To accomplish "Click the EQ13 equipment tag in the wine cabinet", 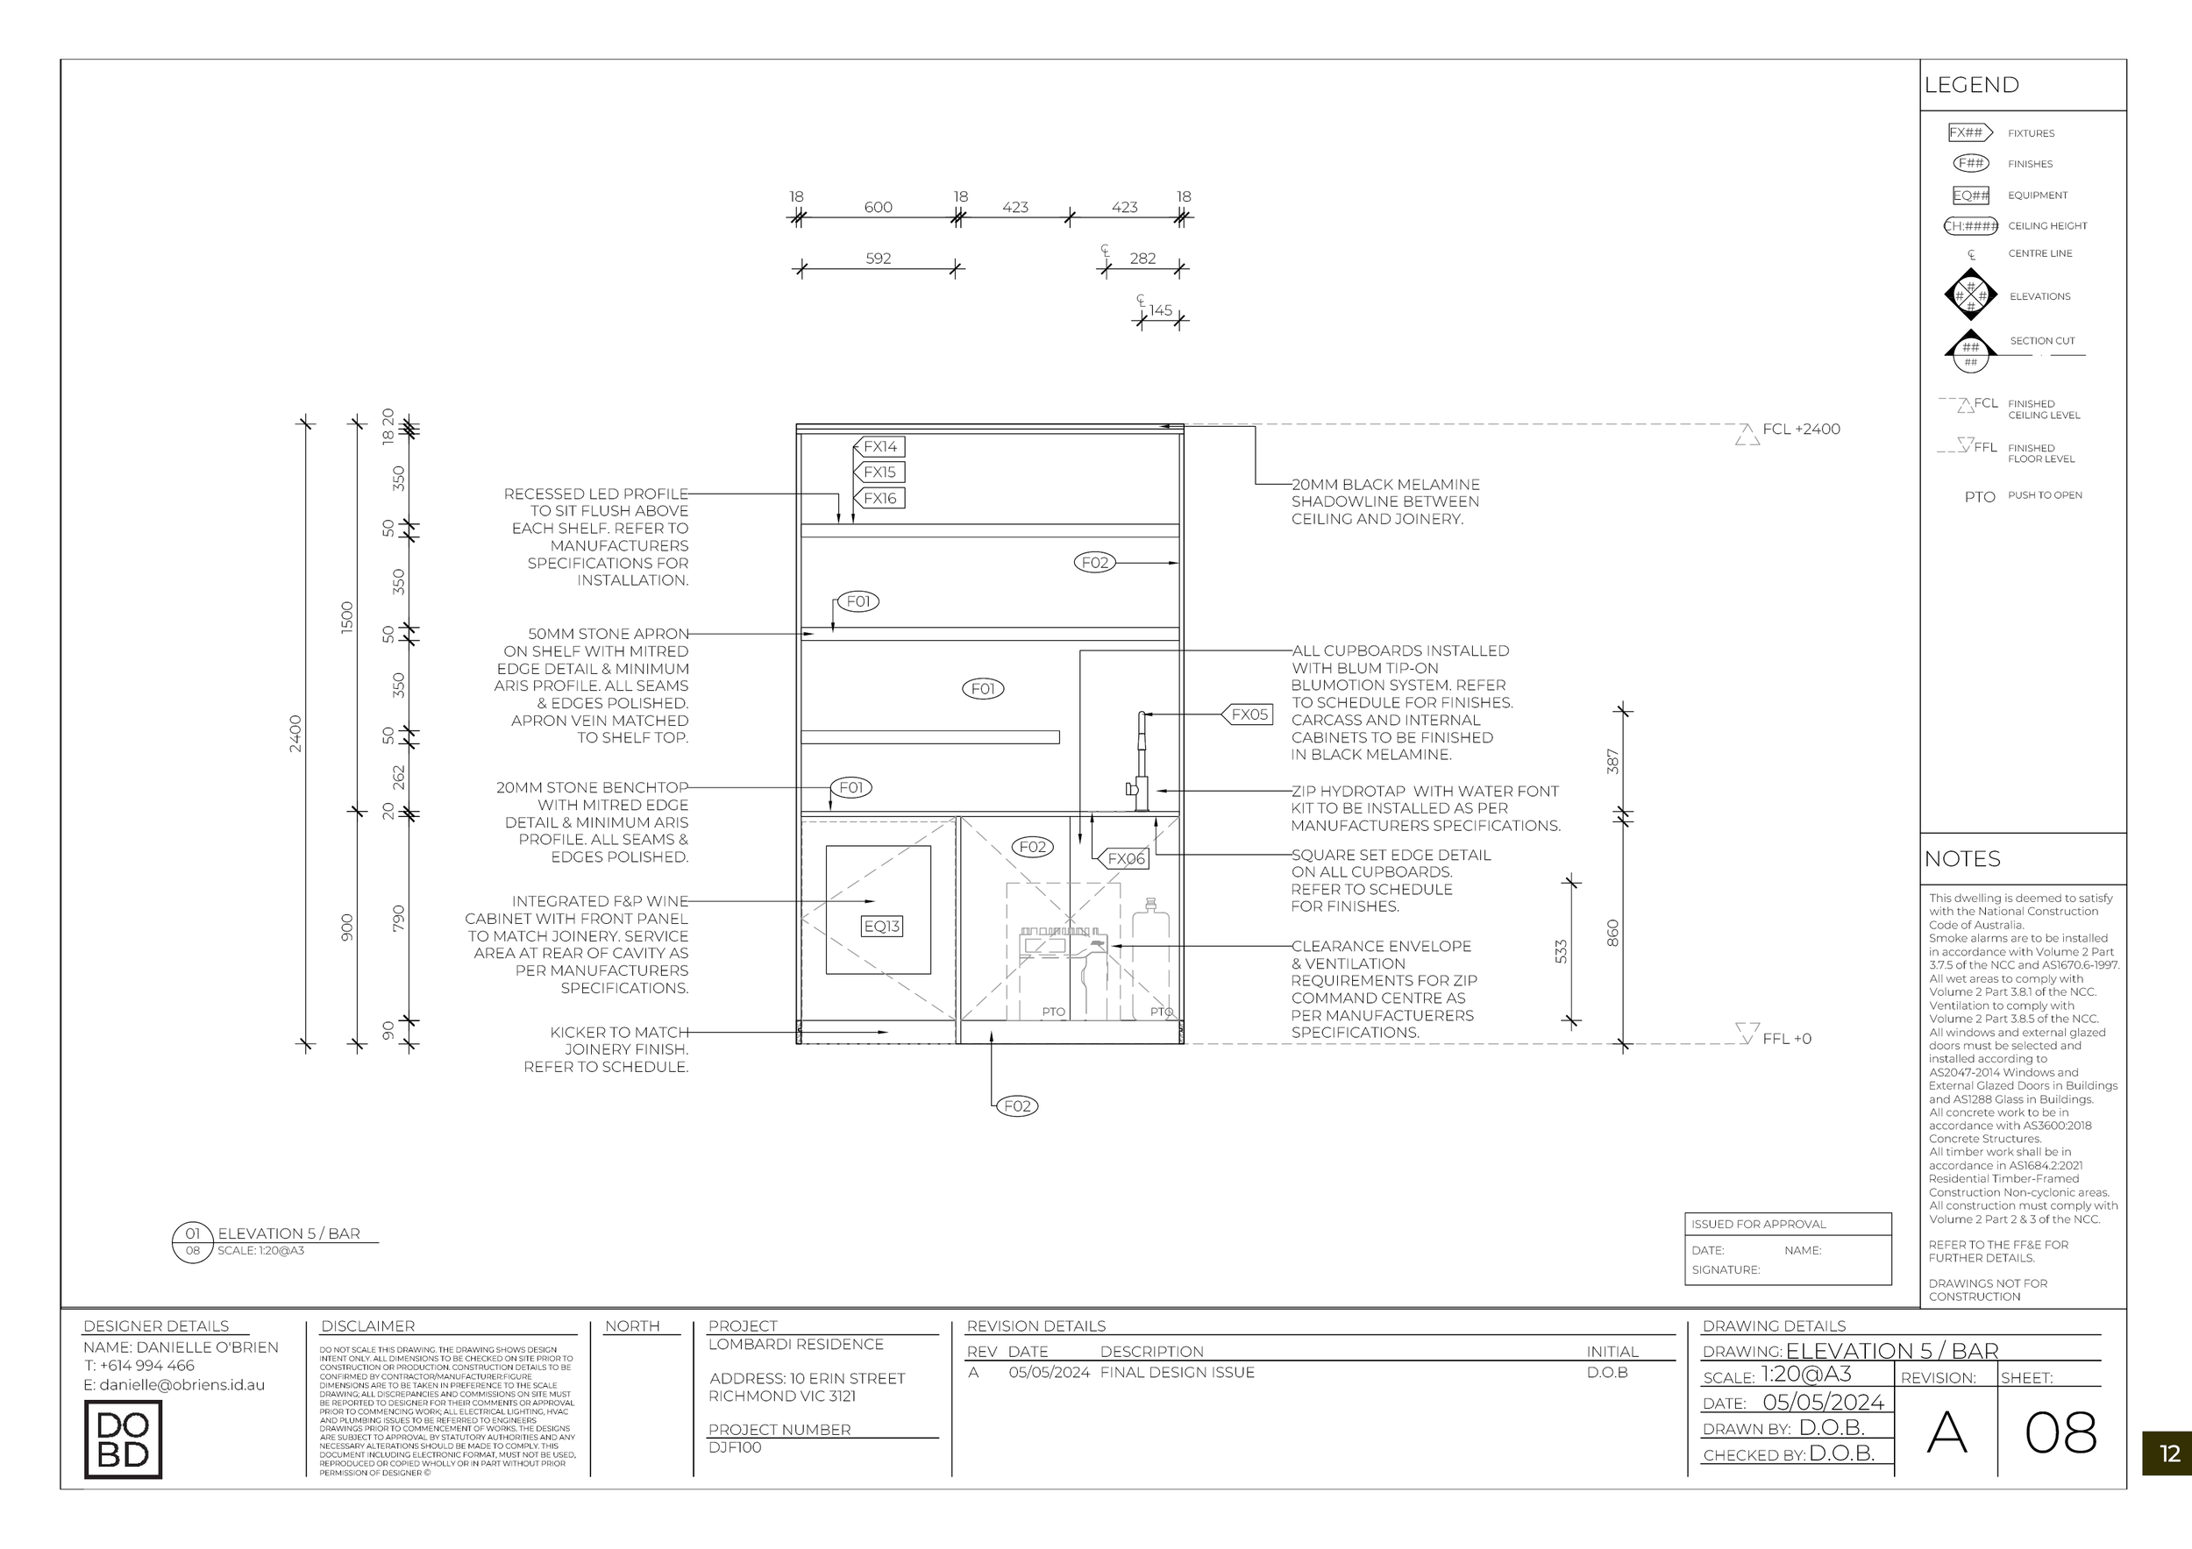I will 880,926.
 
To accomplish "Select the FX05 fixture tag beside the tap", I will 1249,714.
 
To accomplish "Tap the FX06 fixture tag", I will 1125,859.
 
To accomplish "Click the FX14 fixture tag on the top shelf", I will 879,447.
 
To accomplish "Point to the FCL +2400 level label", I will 1801,430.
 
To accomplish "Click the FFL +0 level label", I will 1785,1039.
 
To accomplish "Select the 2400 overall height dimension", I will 295,733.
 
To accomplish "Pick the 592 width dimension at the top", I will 878,259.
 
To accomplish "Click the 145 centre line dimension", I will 1160,310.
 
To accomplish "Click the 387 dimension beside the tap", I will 1612,762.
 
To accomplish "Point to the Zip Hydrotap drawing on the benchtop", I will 1140,764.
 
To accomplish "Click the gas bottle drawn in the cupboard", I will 1150,959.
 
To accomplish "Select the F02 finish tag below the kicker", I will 1017,1106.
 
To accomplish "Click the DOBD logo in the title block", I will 123,1439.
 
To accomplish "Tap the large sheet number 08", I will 2060,1432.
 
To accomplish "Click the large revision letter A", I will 1946,1432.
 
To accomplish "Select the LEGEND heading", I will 1971,85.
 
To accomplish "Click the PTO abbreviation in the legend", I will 1979,497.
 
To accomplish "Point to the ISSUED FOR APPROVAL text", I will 1758,1225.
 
